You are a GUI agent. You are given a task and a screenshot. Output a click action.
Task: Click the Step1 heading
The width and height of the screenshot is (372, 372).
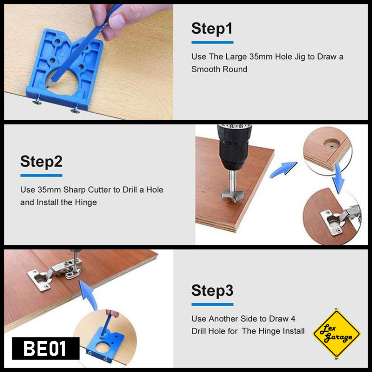[212, 29]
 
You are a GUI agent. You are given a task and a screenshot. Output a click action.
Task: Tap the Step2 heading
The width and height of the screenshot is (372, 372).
[41, 162]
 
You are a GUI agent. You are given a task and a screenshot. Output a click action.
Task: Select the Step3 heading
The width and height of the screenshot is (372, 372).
[212, 290]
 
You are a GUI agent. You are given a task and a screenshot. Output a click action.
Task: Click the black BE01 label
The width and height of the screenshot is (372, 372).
[46, 348]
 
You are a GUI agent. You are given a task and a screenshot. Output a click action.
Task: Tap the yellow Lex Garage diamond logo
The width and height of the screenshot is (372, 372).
[337, 334]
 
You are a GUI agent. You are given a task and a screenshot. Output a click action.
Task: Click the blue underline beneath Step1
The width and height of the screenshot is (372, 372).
[212, 43]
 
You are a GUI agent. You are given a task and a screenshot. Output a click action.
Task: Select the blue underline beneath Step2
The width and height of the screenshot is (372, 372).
[41, 175]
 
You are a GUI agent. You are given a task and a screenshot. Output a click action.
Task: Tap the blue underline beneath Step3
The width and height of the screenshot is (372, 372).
[212, 304]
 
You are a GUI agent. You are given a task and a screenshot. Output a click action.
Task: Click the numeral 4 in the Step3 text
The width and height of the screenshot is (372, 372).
[293, 319]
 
